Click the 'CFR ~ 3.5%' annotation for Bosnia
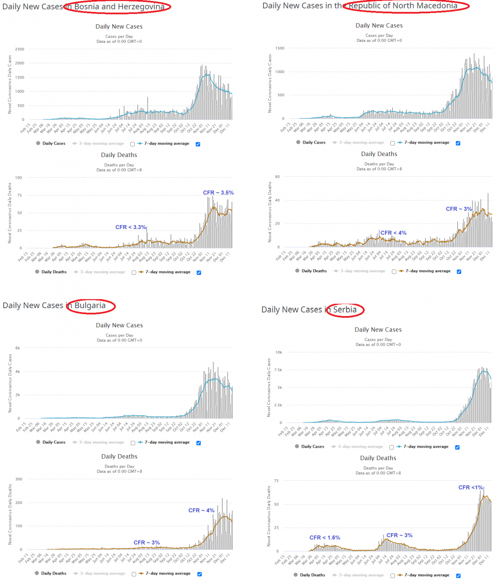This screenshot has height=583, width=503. click(x=218, y=193)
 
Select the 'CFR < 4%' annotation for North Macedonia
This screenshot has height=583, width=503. click(x=393, y=233)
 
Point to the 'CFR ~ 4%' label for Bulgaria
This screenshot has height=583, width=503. click(x=201, y=511)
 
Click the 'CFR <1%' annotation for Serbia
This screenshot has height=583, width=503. click(x=470, y=487)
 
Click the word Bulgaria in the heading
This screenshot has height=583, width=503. click(x=90, y=306)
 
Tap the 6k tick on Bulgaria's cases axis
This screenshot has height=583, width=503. click(x=17, y=348)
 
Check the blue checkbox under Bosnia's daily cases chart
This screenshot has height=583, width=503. click(x=197, y=143)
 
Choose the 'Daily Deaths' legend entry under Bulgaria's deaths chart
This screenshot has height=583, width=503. click(x=53, y=573)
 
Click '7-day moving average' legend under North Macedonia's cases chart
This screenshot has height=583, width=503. click(x=425, y=142)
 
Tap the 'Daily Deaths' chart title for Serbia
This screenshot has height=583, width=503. click(x=378, y=458)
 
